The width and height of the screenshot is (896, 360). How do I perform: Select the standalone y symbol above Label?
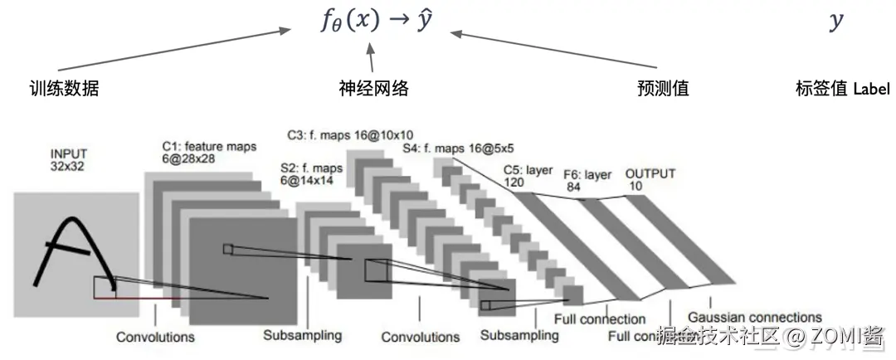click(x=836, y=22)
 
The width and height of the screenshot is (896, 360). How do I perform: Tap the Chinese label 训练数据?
click(x=64, y=89)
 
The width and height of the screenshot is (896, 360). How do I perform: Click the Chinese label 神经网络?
click(x=373, y=89)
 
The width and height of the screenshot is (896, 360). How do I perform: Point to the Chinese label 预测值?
click(x=663, y=89)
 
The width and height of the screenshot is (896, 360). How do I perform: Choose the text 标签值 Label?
click(x=841, y=89)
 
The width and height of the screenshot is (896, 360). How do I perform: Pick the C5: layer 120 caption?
click(x=528, y=176)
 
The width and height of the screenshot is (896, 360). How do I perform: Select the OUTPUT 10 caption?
click(x=650, y=180)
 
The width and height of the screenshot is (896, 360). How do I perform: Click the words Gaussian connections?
click(x=754, y=317)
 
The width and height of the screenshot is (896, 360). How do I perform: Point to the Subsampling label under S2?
click(x=302, y=336)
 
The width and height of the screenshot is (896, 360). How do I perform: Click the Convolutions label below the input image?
click(x=155, y=337)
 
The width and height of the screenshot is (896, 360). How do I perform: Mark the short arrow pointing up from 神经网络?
click(x=371, y=59)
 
